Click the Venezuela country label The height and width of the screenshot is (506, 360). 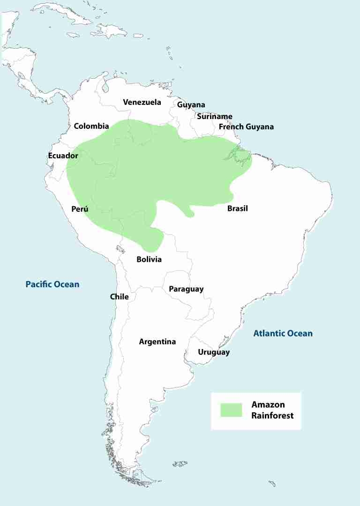click(142, 102)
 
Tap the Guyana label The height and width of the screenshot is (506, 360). click(191, 105)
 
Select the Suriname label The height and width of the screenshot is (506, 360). click(214, 117)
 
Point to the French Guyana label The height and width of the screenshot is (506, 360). click(246, 127)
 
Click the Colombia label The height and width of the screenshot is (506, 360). click(91, 126)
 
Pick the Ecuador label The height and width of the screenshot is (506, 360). click(63, 156)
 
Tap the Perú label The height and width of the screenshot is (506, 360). click(80, 209)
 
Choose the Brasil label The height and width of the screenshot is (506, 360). click(237, 208)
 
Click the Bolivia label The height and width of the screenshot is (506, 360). click(149, 259)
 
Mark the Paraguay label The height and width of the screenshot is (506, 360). click(186, 289)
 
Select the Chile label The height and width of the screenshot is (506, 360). click(119, 297)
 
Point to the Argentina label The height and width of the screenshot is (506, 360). click(157, 342)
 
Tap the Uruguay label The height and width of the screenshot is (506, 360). click(214, 352)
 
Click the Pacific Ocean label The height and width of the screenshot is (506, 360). click(52, 284)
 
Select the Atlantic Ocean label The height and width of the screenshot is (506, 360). click(283, 334)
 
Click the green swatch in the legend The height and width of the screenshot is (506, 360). click(231, 410)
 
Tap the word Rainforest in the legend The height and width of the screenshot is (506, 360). click(272, 415)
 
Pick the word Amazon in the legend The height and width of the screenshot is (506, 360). click(268, 405)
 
